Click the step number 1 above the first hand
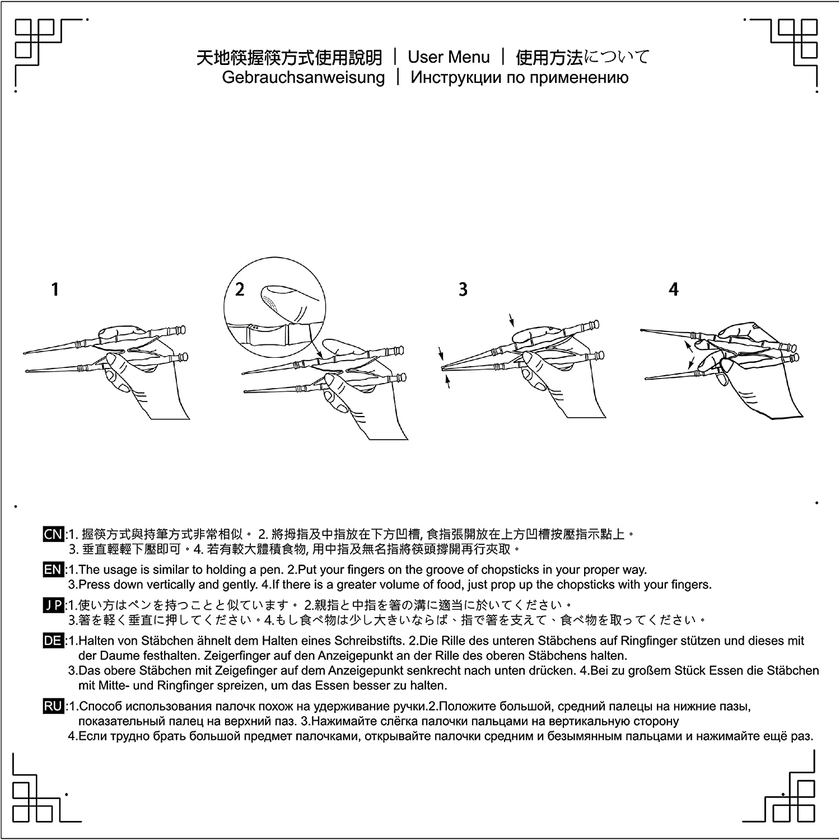point(55,290)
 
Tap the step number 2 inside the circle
point(240,290)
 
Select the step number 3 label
point(463,290)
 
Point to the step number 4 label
point(674,290)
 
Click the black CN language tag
point(53,534)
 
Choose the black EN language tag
point(53,570)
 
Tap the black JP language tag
point(53,605)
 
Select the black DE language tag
point(53,641)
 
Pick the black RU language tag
point(53,707)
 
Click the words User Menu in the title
point(449,57)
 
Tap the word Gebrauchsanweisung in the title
point(304,77)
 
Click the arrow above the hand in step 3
point(512,320)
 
